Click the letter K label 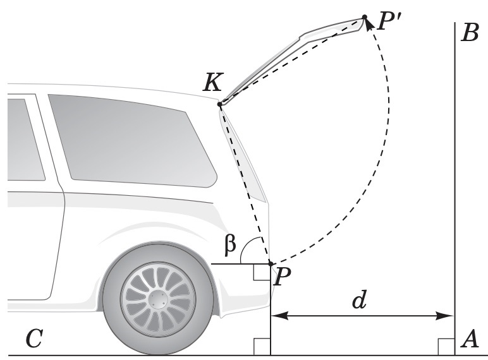212,83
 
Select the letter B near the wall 470,32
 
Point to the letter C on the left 34,340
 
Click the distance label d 360,301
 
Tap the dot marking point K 220,104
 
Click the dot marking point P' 365,17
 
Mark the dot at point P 271,263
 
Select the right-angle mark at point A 446,347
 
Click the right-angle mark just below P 262,272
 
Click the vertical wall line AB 455,189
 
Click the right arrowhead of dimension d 449,315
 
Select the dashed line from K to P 245,183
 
